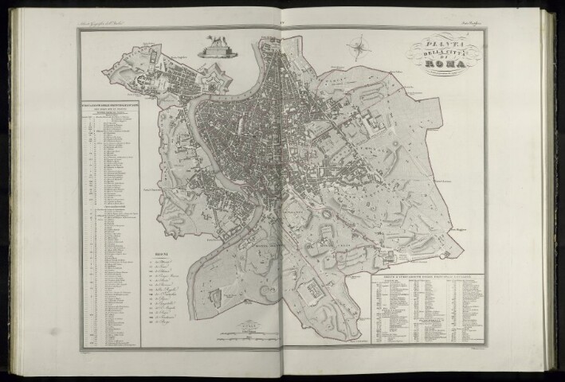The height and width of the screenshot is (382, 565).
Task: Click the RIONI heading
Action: coord(158,254)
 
